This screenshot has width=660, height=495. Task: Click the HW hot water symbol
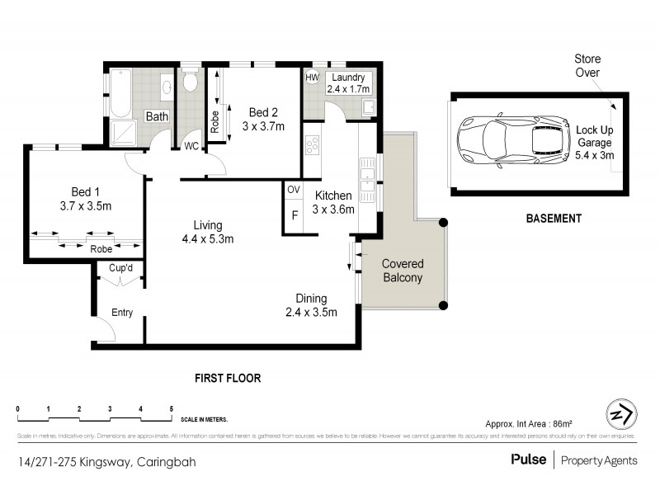312,78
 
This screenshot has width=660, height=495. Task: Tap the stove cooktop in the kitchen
313,146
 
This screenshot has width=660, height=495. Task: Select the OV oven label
293,190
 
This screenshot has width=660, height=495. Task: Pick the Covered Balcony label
402,271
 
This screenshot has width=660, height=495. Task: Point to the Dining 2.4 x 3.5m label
312,305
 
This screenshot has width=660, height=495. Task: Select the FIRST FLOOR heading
228,379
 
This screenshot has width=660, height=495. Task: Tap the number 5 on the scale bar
171,409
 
